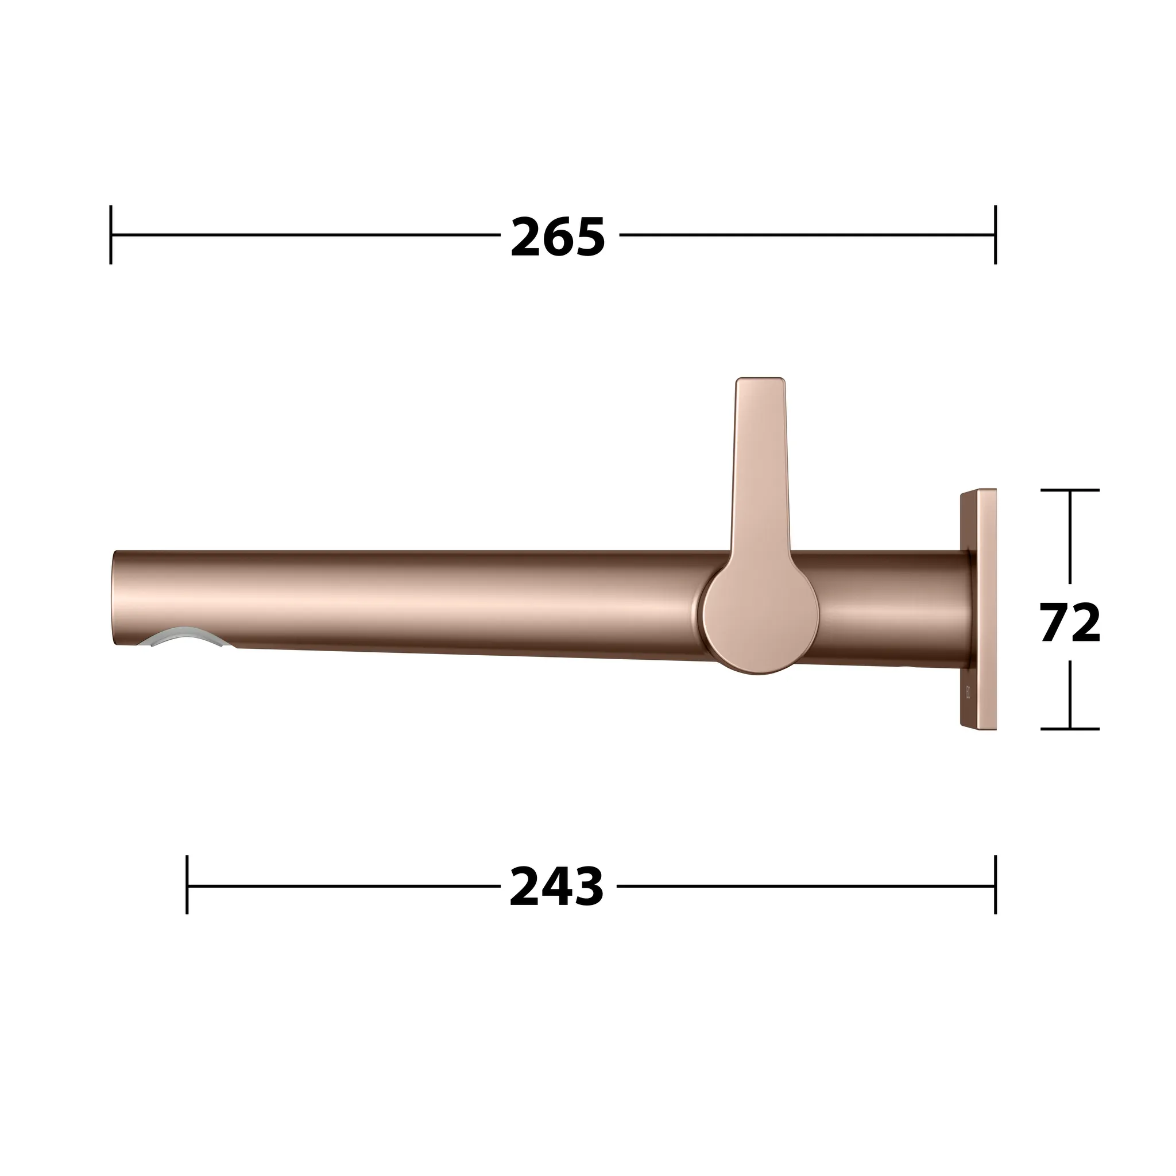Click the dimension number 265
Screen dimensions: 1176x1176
point(558,237)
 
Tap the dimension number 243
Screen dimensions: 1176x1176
point(556,886)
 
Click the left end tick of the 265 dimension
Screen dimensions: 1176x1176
point(111,235)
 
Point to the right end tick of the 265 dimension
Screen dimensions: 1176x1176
point(995,235)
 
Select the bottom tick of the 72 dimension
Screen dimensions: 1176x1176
point(1069,729)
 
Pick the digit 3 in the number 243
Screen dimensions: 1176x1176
point(588,886)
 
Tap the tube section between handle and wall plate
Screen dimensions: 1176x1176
point(889,609)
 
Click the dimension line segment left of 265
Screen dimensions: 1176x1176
point(304,235)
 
